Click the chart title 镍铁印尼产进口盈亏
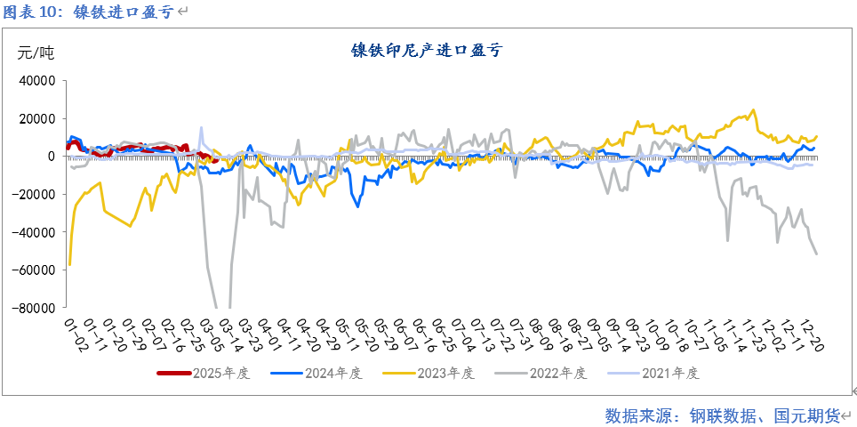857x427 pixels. click(x=427, y=51)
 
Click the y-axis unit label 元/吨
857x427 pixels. click(x=36, y=53)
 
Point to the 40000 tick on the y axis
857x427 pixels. click(x=36, y=81)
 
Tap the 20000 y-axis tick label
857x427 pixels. click(x=36, y=118)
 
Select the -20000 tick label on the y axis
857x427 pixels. click(x=35, y=194)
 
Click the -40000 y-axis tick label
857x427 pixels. click(x=35, y=232)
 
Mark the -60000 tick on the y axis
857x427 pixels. click(x=35, y=270)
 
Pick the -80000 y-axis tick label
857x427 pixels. click(x=35, y=308)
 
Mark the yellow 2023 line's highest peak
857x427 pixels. click(x=754, y=110)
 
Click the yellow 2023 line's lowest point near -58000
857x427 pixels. click(x=69, y=265)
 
